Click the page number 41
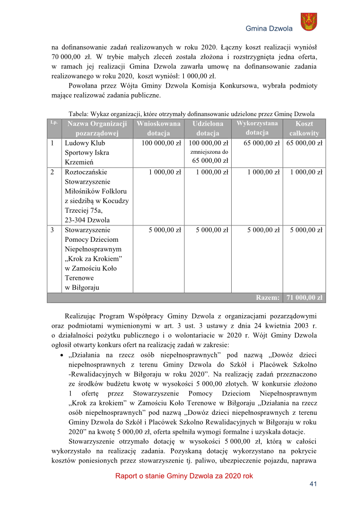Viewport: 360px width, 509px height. [314, 484]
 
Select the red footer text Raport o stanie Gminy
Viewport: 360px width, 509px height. [184, 475]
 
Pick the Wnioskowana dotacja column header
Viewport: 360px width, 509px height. [158, 128]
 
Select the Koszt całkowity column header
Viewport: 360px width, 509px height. [304, 128]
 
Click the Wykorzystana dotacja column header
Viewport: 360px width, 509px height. [257, 128]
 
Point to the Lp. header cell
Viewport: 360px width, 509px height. [53, 123]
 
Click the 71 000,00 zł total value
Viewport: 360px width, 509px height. [304, 297]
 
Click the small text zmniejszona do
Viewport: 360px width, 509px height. [209, 152]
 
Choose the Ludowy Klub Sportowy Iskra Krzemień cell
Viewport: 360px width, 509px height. [87, 152]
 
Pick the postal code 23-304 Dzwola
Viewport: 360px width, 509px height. [88, 220]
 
